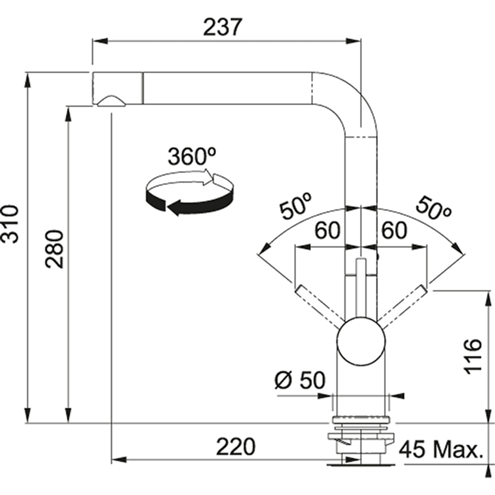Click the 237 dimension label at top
coord(222,27)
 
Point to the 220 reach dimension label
coord(236,447)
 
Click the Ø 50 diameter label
coord(300,381)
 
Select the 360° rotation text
coord(192,157)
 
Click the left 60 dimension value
coord(327,230)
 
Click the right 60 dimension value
coord(394,230)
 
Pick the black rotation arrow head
coord(174,208)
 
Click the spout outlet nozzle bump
coord(111,101)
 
